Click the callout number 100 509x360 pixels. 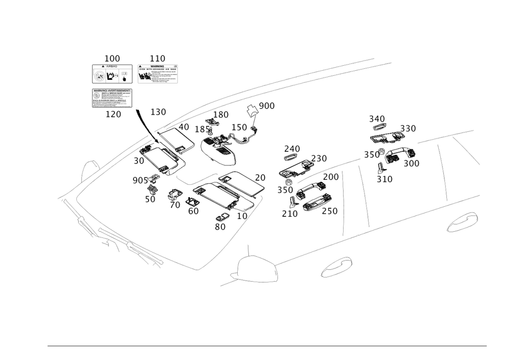(x=111, y=59)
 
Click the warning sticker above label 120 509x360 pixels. (x=112, y=98)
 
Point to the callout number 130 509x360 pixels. (x=158, y=112)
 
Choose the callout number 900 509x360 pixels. (x=266, y=106)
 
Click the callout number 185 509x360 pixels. (x=202, y=130)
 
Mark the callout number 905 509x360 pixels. (x=138, y=180)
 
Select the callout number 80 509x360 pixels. (x=220, y=227)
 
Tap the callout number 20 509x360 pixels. (x=260, y=177)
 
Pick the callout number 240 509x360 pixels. (x=292, y=149)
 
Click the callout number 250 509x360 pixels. (x=330, y=211)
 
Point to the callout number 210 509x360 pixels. (x=290, y=214)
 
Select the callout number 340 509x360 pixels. (x=377, y=119)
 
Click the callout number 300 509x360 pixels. (x=411, y=163)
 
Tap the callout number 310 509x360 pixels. (x=385, y=179)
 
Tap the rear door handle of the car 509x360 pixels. (x=462, y=221)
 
